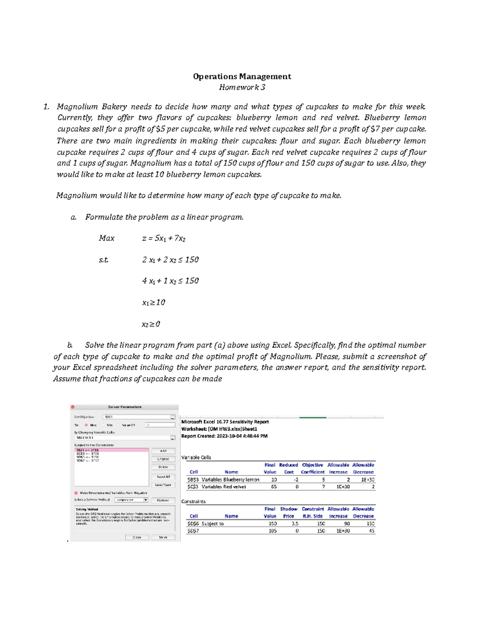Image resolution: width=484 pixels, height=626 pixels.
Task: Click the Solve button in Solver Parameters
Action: [x=163, y=537]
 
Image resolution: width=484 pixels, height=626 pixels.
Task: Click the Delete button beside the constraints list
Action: [x=163, y=467]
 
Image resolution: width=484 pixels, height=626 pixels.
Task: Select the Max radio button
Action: [x=86, y=425]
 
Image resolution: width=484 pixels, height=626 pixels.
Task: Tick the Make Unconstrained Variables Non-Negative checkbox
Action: [x=76, y=493]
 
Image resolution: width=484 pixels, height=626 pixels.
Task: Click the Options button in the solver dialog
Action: [x=163, y=500]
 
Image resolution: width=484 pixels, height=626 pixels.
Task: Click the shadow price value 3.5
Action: [x=295, y=524]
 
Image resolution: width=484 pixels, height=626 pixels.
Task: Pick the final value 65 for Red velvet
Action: [x=273, y=487]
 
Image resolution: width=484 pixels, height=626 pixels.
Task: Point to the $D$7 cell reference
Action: [x=193, y=531]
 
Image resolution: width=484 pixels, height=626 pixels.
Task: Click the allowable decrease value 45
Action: [x=371, y=531]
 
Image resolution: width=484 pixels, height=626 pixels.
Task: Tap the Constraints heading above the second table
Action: [x=193, y=501]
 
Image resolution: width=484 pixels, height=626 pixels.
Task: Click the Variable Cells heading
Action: [x=196, y=458]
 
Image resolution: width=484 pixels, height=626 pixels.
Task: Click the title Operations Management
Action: [x=242, y=76]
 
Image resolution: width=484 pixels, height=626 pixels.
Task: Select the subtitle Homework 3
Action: [x=242, y=87]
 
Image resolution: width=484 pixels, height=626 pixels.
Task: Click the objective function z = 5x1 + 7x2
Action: [x=164, y=238]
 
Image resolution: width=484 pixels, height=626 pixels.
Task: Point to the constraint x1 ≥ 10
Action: [x=153, y=302]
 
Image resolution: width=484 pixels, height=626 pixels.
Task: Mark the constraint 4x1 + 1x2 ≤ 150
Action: [x=170, y=281]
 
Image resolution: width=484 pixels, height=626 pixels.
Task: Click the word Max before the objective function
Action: [x=106, y=238]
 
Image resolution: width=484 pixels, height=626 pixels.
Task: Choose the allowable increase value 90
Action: [x=346, y=524]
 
